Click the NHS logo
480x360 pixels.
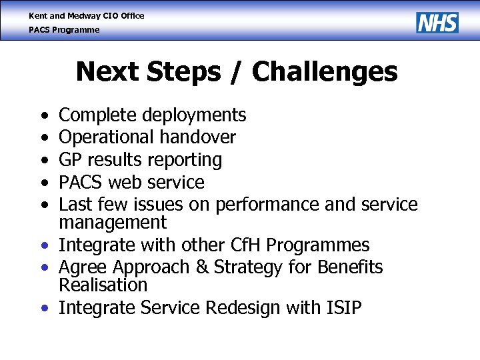437,23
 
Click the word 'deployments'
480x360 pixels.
199,116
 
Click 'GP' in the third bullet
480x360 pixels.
71,160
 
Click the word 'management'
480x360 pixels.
113,222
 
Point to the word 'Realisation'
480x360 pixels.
103,285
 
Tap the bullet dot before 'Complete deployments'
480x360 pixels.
43,117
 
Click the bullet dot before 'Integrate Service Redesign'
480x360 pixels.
43,309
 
